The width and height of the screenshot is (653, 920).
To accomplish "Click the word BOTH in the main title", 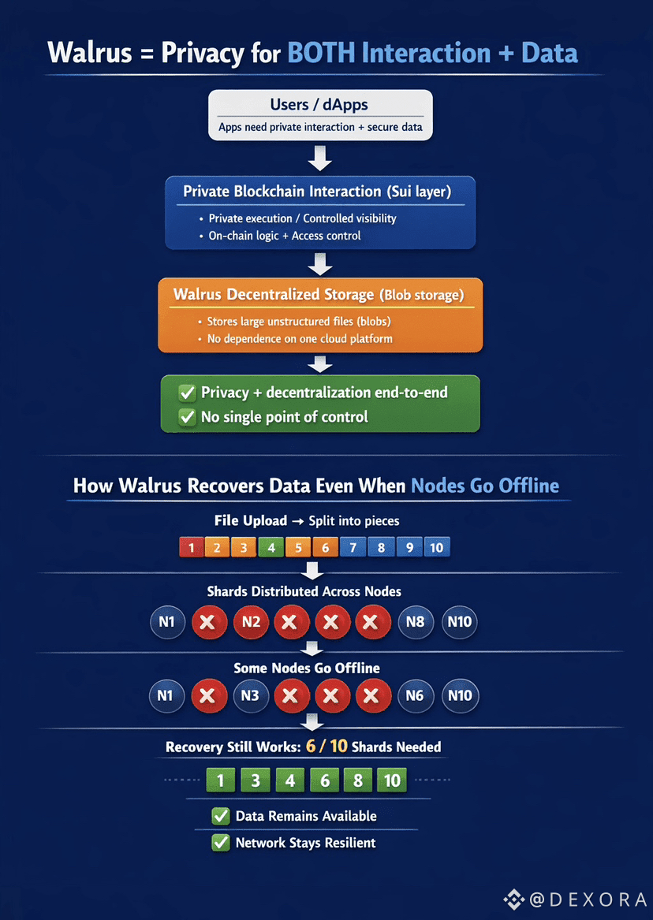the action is tap(321, 54).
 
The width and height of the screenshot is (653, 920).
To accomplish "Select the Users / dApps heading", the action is tap(319, 105).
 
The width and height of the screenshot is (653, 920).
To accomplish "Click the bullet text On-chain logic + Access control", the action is tap(285, 236).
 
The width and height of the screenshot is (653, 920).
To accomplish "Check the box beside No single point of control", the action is tap(187, 416).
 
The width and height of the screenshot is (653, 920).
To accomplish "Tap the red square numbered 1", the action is tap(191, 546).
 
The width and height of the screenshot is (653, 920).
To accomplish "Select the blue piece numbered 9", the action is tap(409, 546).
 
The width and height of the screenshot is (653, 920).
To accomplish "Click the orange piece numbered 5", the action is tap(298, 546).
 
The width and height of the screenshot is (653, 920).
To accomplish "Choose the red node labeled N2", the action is tap(251, 622).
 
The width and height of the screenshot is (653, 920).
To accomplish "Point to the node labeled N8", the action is tap(415, 622).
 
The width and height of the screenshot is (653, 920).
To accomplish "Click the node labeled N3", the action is tap(251, 696).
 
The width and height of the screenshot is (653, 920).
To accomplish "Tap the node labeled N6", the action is tap(415, 696).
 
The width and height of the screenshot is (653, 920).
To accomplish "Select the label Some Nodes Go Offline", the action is tap(307, 668).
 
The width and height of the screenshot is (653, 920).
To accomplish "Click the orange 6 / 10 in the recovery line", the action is tap(326, 746).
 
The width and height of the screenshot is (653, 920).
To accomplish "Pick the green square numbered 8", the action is tap(357, 780).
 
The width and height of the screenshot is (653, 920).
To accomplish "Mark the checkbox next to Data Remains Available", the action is tap(221, 817).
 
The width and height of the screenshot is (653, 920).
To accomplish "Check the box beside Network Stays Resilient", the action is tap(221, 844).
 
